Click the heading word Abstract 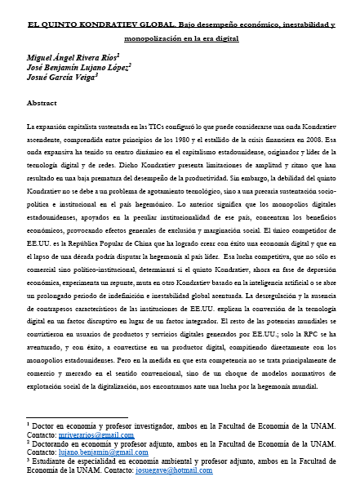42,104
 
